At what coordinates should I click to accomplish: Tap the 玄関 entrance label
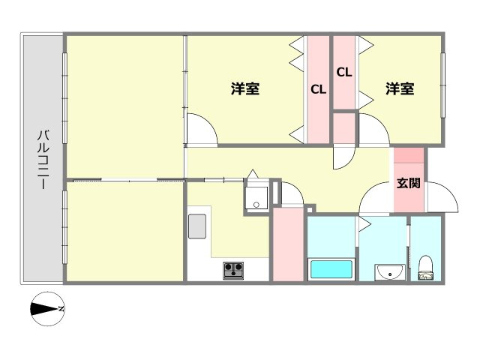(409, 183)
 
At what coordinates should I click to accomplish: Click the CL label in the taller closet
(318, 90)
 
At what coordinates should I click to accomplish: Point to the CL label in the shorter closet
(344, 73)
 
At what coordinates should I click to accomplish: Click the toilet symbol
(426, 267)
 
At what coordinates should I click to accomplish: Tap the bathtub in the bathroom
(330, 268)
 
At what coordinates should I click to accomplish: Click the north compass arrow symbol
(47, 307)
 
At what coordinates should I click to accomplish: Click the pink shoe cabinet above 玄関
(409, 160)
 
